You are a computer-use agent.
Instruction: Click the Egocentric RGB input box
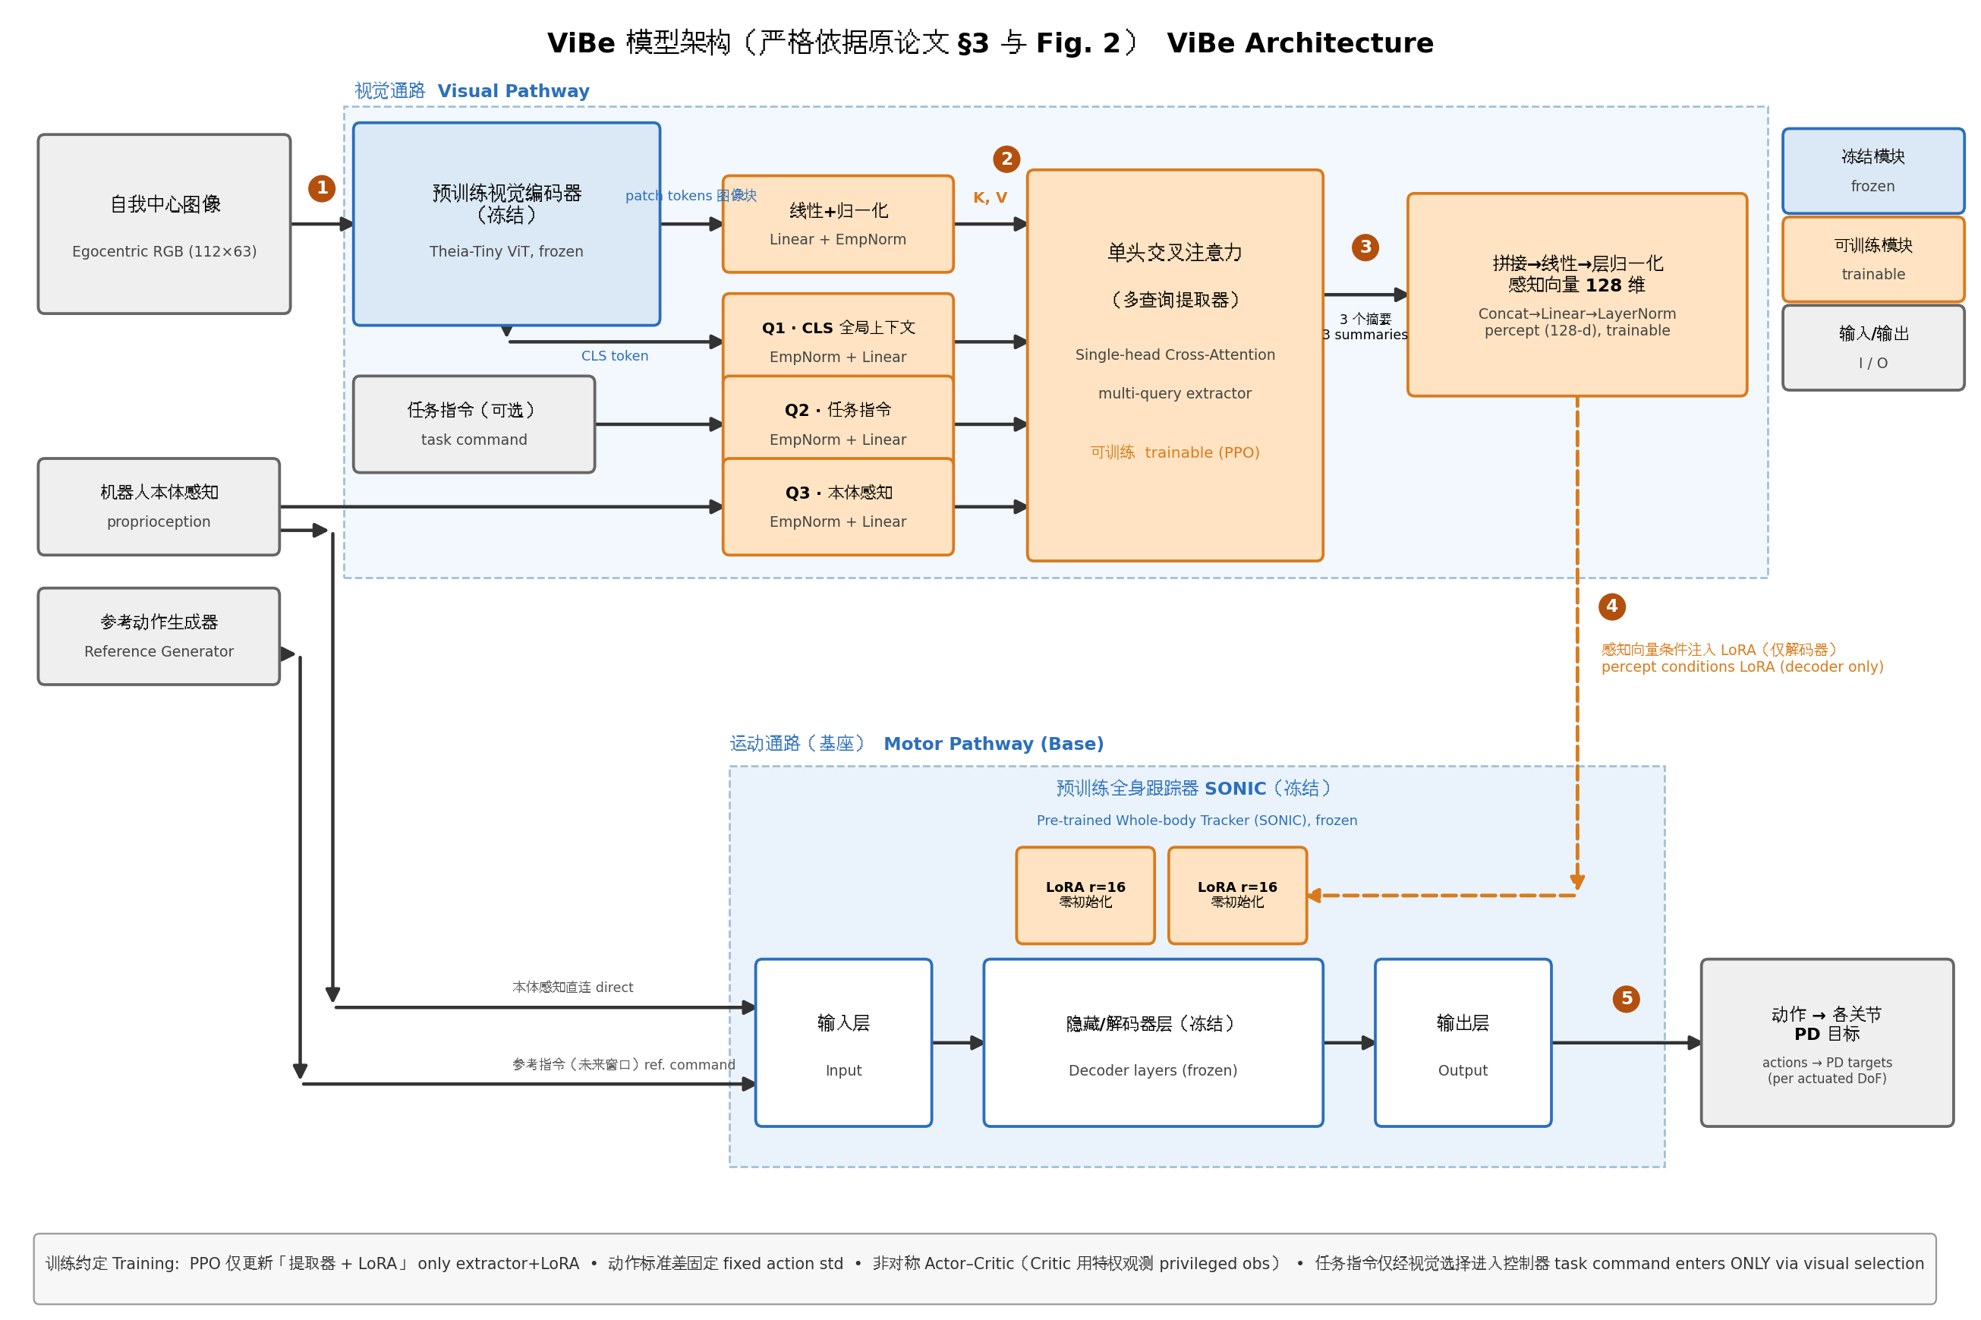coord(164,224)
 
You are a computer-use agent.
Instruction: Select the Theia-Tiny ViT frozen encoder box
coord(505,224)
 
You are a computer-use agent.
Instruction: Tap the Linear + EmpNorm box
coord(837,224)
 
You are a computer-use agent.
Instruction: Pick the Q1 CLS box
coord(837,341)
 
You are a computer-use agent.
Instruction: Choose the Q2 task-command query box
coord(837,424)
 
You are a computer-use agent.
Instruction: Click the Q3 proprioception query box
coord(837,506)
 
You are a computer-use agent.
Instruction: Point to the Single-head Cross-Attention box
coord(1175,365)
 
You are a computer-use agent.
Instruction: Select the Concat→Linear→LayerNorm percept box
coord(1576,295)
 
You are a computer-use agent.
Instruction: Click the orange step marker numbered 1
coord(322,187)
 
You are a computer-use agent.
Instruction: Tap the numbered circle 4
coord(1611,606)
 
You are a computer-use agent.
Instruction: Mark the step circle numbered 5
coord(1626,998)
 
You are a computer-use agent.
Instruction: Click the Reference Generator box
coord(159,636)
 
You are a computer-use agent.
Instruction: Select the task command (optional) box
coord(474,424)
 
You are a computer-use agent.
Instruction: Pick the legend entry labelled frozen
coord(1872,171)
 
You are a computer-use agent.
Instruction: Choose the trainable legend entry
coord(1872,260)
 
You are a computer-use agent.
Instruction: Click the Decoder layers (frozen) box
coord(1153,1042)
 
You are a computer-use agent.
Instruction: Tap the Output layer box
coord(1463,1042)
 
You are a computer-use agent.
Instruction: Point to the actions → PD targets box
coord(1826,1042)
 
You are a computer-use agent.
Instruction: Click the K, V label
coord(990,197)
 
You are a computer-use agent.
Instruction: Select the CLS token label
coord(614,356)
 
